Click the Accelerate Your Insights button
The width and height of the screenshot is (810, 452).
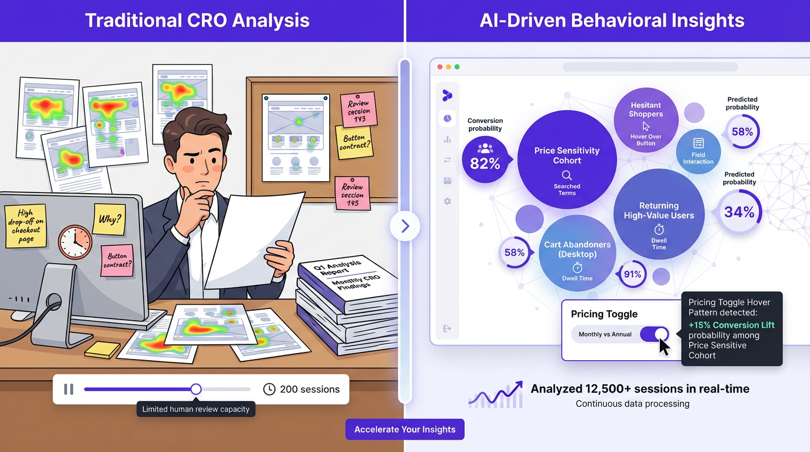(405, 429)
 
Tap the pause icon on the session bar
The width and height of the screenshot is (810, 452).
(69, 389)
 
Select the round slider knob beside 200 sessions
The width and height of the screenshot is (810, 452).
(196, 389)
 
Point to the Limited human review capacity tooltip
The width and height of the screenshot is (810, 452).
(196, 409)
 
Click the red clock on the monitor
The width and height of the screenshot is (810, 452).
(75, 242)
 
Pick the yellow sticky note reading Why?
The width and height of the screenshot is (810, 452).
(108, 219)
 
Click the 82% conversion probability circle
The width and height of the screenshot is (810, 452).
(484, 159)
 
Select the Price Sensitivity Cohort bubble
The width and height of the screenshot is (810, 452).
(567, 159)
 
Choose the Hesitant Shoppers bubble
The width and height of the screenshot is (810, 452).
(646, 121)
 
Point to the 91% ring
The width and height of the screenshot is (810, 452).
(632, 274)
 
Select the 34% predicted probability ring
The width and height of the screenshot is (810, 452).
(739, 212)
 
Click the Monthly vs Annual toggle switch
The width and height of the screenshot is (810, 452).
(655, 334)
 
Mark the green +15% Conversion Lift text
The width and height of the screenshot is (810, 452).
(731, 325)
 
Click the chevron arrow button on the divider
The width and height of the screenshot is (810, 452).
(405, 226)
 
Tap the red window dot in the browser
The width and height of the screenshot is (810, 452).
(439, 67)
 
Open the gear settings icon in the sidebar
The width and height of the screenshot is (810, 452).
(447, 201)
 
